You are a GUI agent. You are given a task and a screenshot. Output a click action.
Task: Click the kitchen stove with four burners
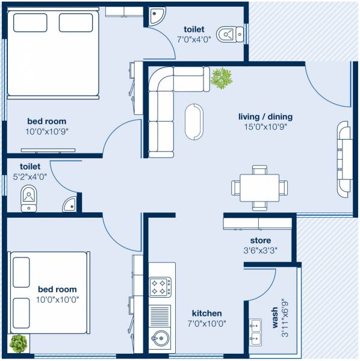tap(160, 286)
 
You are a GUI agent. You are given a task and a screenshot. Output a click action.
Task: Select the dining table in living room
tap(259, 188)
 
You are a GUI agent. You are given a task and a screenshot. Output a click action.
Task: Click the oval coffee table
tap(194, 120)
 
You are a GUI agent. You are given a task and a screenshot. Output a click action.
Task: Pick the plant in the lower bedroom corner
tap(19, 344)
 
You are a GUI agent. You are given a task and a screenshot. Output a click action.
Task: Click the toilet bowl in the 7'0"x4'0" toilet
tap(228, 34)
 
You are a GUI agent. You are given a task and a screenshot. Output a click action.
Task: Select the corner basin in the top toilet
tap(157, 15)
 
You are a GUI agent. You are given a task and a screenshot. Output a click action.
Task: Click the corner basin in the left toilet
tap(70, 204)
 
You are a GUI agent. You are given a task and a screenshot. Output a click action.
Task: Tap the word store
tap(260, 241)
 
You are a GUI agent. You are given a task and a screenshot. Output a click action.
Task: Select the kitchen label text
tap(206, 313)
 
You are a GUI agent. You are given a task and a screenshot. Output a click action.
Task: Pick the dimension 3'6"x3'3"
tap(260, 250)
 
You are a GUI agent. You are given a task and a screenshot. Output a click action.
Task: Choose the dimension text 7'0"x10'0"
tap(206, 323)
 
